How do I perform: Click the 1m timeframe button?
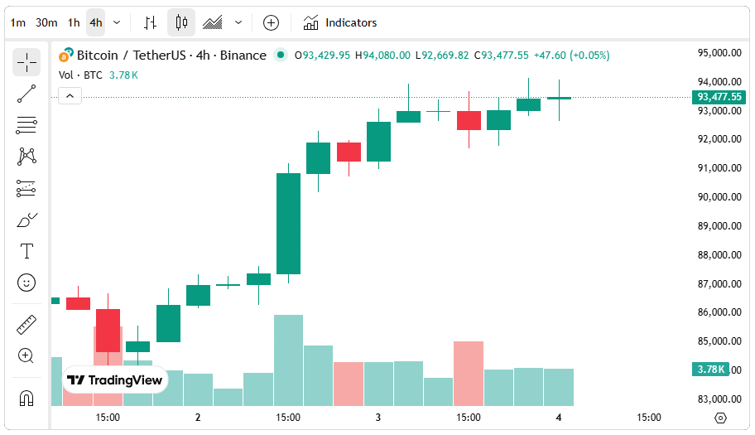click(18, 22)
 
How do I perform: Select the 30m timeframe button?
click(46, 22)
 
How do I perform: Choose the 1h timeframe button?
click(74, 22)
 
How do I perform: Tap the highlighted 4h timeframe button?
click(96, 22)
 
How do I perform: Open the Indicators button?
click(340, 22)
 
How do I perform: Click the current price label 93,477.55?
click(719, 97)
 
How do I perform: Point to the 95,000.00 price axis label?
click(719, 53)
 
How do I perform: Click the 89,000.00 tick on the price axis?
click(719, 226)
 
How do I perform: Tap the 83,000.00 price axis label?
click(719, 399)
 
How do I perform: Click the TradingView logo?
click(116, 380)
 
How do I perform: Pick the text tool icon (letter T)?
click(26, 251)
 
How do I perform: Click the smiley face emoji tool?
click(26, 283)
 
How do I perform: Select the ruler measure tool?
click(26, 325)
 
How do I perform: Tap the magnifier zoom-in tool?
click(26, 355)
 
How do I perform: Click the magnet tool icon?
click(26, 398)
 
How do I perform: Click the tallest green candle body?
click(288, 224)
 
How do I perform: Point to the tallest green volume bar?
click(288, 360)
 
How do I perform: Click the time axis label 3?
click(378, 418)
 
